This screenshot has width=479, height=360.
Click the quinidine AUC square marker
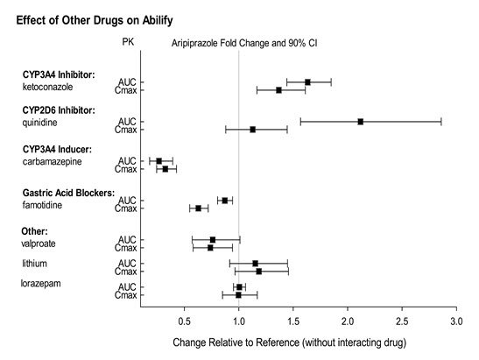click(x=361, y=122)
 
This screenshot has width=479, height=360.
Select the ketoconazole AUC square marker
click(x=307, y=82)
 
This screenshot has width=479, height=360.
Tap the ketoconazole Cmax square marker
click(x=278, y=90)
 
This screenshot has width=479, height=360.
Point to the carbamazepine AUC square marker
click(x=158, y=161)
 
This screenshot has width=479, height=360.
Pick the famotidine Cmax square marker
click(x=198, y=208)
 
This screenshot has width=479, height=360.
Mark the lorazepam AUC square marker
click(x=239, y=287)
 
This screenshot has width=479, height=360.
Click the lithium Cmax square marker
click(x=258, y=272)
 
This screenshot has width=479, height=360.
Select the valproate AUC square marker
click(x=213, y=240)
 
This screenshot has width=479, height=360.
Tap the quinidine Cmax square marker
click(x=253, y=130)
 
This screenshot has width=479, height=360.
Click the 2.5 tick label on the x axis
click(x=402, y=321)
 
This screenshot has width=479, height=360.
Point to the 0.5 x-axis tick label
click(x=184, y=321)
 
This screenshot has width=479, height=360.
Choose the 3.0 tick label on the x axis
click(x=456, y=321)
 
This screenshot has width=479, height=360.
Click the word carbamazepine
click(x=52, y=162)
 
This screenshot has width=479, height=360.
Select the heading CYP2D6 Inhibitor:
click(x=59, y=110)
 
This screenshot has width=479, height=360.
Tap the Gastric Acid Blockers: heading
click(x=68, y=194)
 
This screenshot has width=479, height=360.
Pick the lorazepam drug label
click(x=40, y=284)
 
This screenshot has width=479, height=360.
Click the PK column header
click(x=128, y=42)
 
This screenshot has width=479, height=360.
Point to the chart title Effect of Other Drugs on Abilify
click(x=95, y=20)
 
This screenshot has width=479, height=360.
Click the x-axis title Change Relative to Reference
click(x=289, y=342)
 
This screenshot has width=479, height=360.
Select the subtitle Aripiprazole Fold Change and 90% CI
click(x=244, y=43)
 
